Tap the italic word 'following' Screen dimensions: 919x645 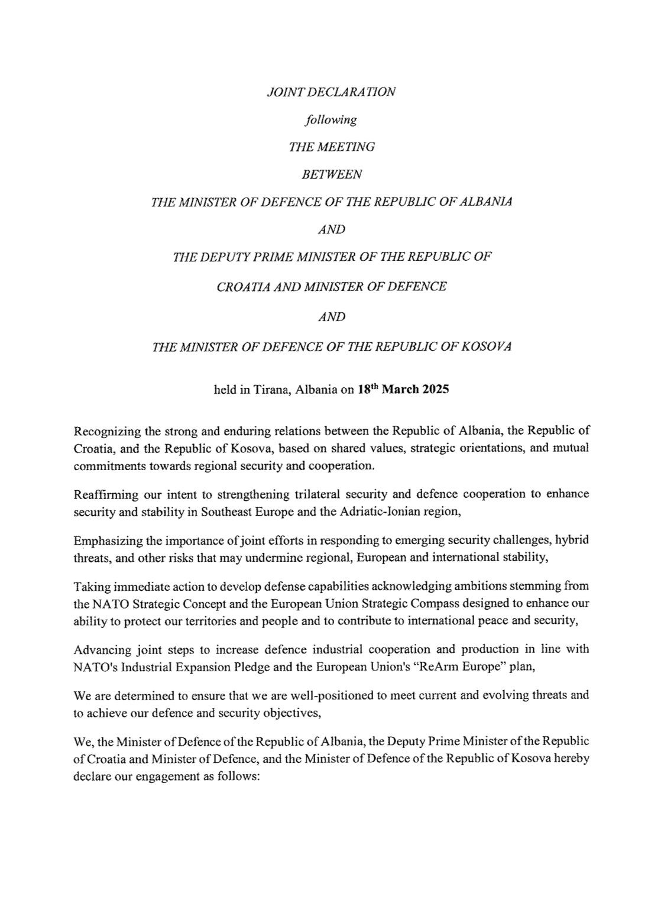pyautogui.click(x=331, y=120)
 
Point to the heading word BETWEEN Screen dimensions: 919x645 pyautogui.click(x=332, y=174)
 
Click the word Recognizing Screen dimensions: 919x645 pyautogui.click(x=105, y=431)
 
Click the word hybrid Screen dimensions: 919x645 pyautogui.click(x=573, y=540)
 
